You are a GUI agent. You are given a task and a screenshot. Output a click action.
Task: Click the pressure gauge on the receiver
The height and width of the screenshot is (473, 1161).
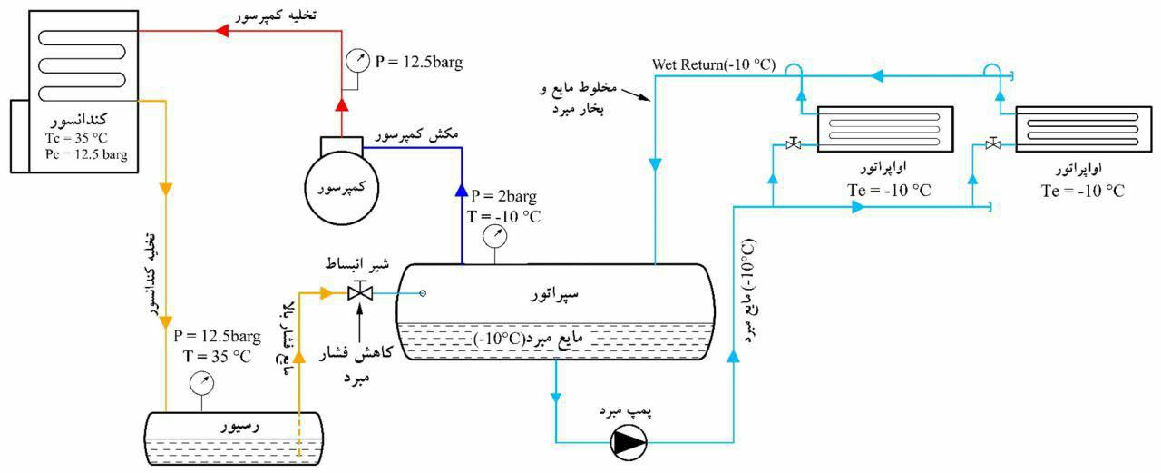tap(200, 384)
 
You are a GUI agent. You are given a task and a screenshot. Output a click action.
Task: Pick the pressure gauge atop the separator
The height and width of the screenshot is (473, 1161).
tap(495, 237)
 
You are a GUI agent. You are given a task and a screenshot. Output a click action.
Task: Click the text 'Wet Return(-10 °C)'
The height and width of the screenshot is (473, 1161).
tap(714, 65)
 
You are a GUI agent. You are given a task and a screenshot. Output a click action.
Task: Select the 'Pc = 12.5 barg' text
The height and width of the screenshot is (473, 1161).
tap(84, 155)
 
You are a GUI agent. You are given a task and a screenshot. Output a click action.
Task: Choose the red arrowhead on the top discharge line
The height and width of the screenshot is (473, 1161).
tap(220, 31)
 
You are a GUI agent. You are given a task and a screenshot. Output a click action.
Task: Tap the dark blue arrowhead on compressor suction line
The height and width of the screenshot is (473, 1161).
tap(462, 192)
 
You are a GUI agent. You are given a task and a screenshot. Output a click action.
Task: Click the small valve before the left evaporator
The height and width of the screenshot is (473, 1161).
tap(794, 143)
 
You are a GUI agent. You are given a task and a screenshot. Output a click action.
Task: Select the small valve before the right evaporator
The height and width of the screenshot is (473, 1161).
tap(993, 143)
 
